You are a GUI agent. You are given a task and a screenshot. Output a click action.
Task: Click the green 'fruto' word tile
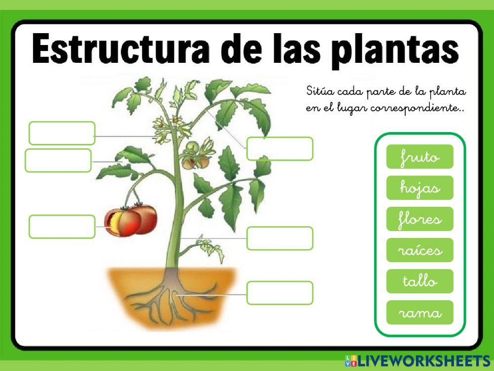click(x=419, y=157)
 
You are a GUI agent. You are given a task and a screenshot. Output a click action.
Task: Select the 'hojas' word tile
click(x=419, y=188)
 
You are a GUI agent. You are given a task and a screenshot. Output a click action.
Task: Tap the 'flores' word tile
click(x=419, y=219)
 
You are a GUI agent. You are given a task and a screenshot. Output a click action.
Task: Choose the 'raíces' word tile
click(x=419, y=250)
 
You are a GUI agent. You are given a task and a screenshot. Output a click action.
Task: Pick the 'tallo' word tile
click(x=419, y=281)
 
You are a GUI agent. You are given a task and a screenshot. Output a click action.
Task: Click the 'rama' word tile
click(x=419, y=313)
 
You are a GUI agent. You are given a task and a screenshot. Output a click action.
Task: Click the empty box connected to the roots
click(x=280, y=293)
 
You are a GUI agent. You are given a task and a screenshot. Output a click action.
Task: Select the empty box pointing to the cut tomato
click(x=62, y=227)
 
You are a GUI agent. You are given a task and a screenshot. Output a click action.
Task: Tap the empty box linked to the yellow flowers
click(x=62, y=133)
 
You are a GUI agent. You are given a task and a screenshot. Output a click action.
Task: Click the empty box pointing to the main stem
click(x=280, y=238)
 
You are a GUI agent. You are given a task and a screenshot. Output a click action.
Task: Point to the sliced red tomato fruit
click(x=131, y=220)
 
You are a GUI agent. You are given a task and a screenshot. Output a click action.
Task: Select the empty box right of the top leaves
click(x=280, y=148)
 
